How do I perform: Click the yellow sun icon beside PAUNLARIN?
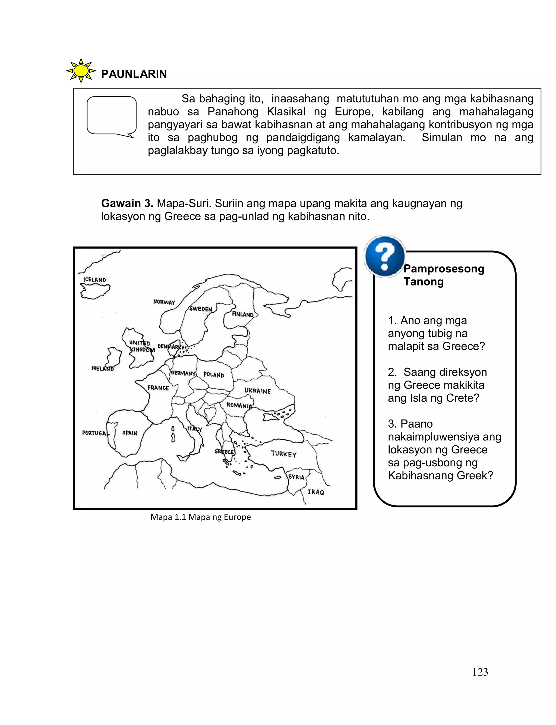click(81, 71)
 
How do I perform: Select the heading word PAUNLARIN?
click(134, 74)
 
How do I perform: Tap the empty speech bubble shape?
click(112, 115)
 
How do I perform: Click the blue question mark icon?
click(385, 256)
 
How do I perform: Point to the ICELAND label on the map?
click(95, 280)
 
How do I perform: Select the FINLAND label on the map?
click(243, 314)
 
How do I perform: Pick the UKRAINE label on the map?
click(257, 391)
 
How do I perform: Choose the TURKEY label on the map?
click(284, 454)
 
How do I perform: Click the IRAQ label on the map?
click(316, 492)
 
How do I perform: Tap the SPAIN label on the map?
click(130, 433)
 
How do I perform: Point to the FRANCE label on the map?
click(158, 388)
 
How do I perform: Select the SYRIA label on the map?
click(296, 477)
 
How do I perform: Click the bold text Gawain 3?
click(127, 203)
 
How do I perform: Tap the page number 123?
click(480, 672)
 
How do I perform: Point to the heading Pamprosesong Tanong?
click(444, 275)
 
